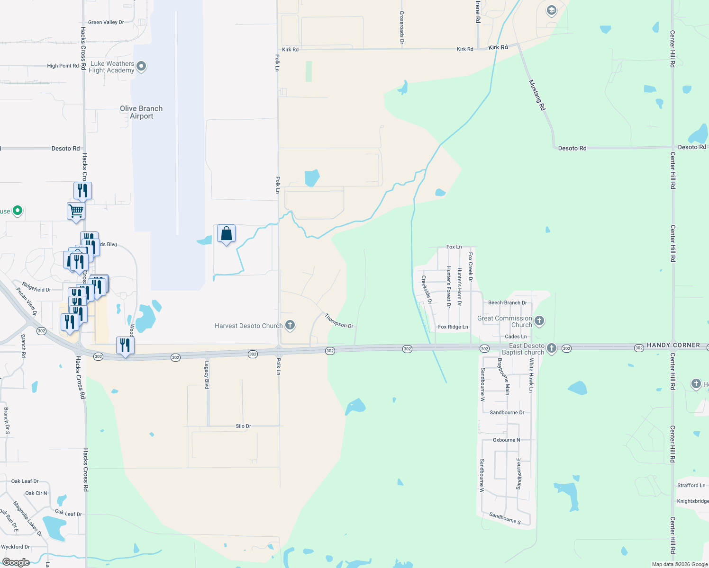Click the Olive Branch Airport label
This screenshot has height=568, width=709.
(141, 112)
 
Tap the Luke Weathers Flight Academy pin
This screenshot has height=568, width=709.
(141, 66)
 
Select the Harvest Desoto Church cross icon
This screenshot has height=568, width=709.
(290, 325)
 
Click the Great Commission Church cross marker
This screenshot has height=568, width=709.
(539, 321)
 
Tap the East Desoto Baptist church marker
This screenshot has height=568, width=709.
(551, 348)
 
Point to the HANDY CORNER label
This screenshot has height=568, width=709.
(673, 345)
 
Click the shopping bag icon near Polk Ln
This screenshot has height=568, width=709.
(227, 233)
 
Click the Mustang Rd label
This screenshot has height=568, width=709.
(537, 95)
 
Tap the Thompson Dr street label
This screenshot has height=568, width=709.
(339, 320)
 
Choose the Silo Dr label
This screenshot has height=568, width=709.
(243, 426)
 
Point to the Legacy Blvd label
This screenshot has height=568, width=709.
(207, 375)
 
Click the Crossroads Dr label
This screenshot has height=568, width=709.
(402, 27)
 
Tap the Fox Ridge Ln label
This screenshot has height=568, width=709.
(453, 327)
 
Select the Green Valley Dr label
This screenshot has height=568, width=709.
(106, 22)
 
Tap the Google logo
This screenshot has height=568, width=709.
(16, 562)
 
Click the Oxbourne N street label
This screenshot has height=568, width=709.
(506, 440)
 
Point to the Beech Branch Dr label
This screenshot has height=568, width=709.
(507, 302)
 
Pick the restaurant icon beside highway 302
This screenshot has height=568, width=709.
(125, 346)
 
